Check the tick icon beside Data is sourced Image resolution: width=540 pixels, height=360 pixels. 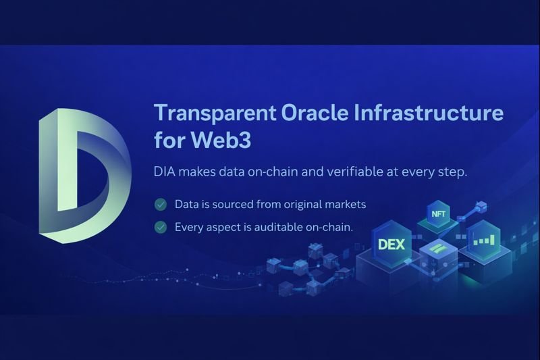(161, 204)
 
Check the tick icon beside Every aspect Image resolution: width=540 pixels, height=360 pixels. (161, 228)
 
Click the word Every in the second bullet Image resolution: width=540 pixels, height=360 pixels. (189, 228)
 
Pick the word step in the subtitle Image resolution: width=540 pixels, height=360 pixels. (451, 172)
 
